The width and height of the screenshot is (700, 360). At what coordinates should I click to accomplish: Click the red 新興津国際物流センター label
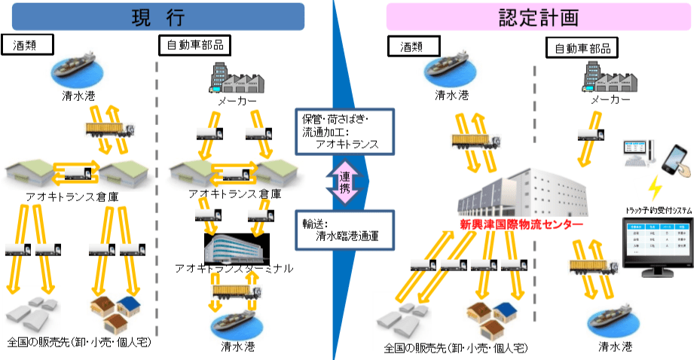[x=521, y=224]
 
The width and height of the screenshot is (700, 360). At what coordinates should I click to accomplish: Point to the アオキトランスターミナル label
[x=234, y=267]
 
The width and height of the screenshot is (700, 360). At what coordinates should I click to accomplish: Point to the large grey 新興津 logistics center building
[x=528, y=188]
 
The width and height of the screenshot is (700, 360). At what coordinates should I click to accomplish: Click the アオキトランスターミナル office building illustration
[x=234, y=245]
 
